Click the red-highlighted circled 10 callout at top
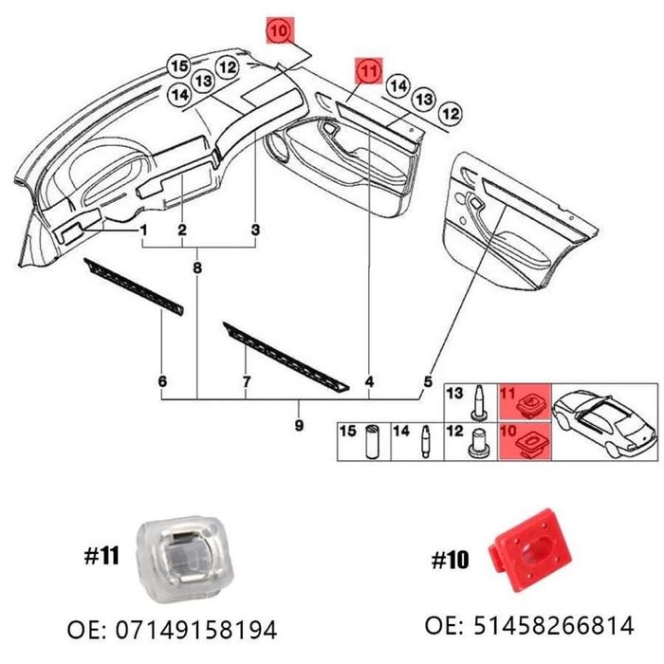click(279, 32)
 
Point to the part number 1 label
click(143, 231)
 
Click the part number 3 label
click(255, 231)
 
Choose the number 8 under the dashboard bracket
click(197, 270)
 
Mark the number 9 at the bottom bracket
click(298, 425)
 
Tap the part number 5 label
click(427, 382)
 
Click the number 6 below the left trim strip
click(162, 382)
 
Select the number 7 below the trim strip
click(247, 382)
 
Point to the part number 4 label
click(369, 382)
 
